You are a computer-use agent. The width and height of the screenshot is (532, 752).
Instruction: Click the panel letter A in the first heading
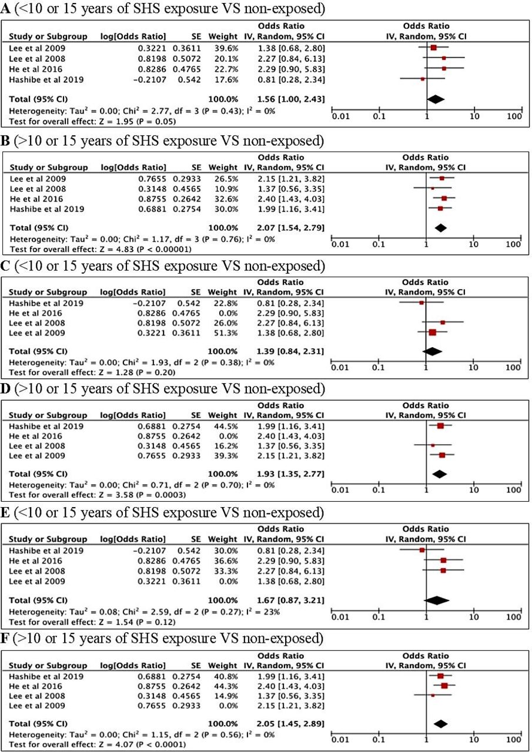coord(5,9)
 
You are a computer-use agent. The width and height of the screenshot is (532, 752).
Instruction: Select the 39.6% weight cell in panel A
coord(226,48)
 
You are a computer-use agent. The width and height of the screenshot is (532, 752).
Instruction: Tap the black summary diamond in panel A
coord(436,99)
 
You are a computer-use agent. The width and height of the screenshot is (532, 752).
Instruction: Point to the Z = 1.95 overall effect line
coord(92,122)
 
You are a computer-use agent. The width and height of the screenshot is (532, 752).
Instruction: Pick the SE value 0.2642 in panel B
coord(187,199)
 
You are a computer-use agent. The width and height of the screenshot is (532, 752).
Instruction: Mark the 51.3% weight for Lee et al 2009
coord(226,333)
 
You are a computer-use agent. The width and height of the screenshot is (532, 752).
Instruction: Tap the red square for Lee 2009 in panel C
coord(433,333)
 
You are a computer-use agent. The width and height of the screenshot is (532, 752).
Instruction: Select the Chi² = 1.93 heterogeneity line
coord(142,362)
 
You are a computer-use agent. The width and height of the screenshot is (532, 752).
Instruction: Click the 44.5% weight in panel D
coord(226,427)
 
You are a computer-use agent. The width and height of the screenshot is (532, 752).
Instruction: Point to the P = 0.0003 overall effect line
coord(97,495)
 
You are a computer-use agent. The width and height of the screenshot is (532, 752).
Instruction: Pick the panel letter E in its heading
coord(5,513)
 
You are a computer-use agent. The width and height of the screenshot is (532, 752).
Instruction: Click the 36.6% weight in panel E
coord(226,560)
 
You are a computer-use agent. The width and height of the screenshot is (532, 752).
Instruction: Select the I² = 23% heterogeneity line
coord(144,612)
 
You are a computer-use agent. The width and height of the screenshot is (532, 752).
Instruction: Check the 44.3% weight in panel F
coord(226,686)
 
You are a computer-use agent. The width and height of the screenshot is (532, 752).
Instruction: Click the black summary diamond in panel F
coord(440,724)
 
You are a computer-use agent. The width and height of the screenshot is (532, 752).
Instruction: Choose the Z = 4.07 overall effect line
coord(97,744)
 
